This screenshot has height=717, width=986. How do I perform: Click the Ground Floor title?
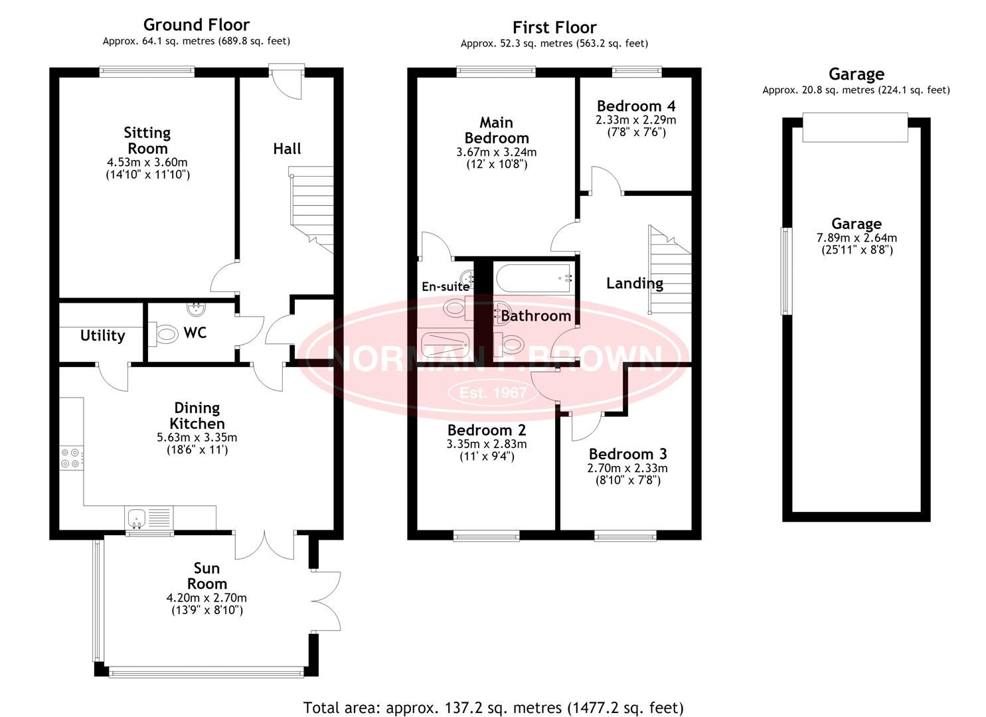pos(197,25)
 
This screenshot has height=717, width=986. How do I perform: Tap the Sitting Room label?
pos(147,140)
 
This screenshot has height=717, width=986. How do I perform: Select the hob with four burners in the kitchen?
pos(70,458)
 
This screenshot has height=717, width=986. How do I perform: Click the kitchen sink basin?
pos(137,518)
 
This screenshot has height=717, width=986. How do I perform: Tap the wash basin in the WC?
pos(196,309)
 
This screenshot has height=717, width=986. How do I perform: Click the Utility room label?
pos(102,336)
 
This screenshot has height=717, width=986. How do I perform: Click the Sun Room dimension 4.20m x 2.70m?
pos(206,597)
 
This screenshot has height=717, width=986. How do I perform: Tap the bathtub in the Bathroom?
pos(534,278)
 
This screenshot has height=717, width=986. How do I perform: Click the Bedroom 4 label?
pos(636,106)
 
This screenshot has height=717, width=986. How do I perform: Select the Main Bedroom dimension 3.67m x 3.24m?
pos(497,152)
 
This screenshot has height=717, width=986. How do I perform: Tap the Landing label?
pos(635,283)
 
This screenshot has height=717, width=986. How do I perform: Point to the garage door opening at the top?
pos(855,127)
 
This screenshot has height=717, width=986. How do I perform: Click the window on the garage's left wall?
pos(786,271)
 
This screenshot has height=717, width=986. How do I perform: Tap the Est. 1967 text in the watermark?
pos(493,392)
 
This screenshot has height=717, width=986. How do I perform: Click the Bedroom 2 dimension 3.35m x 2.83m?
pos(487,443)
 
